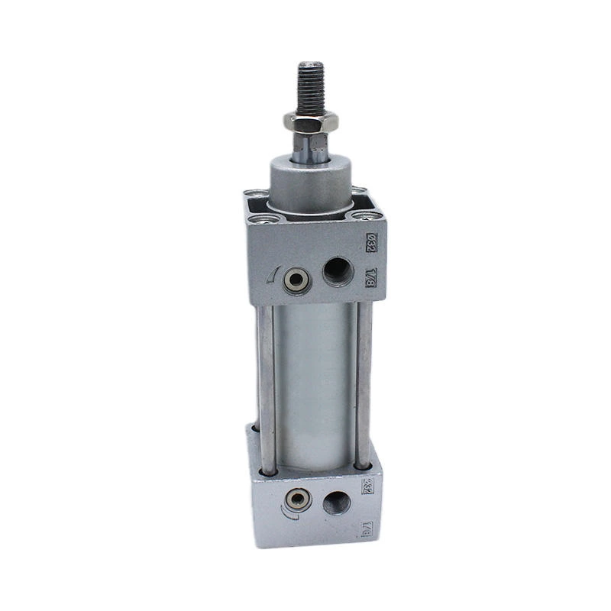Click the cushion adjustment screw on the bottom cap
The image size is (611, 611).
(293, 503)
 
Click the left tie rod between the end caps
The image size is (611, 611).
(267, 382)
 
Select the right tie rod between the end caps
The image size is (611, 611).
(361, 382)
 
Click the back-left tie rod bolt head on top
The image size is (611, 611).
(257, 196)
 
